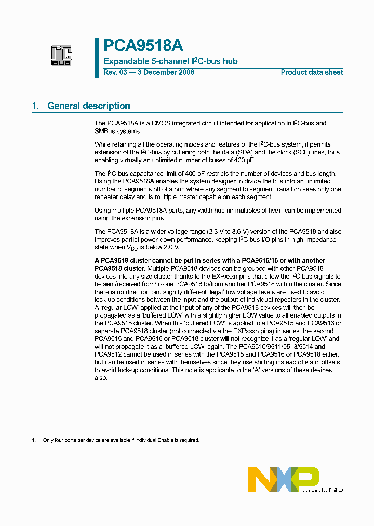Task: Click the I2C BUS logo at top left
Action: pos(61,56)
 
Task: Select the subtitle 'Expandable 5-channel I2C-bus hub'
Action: pos(170,61)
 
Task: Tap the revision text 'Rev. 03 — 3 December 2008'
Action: pos(149,72)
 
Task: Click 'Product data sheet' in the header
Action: pos(312,72)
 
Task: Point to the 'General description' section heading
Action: pos(89,106)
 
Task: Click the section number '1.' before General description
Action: pos(35,106)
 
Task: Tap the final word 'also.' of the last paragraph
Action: pos(101,378)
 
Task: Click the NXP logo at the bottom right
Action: pos(284,479)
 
